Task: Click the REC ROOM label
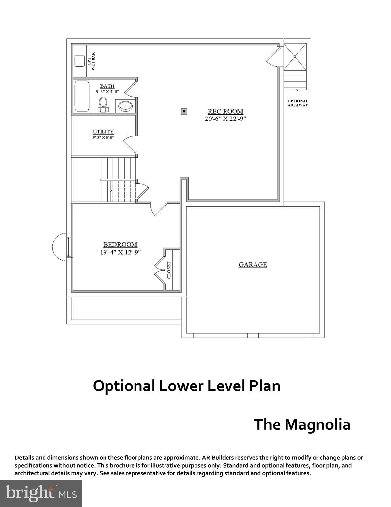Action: [225, 111]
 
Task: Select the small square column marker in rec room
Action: [184, 111]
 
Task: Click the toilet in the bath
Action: [103, 104]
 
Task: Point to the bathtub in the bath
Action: [81, 96]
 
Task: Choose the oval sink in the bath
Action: [125, 106]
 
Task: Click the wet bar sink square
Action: [79, 61]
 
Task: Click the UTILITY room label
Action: [103, 132]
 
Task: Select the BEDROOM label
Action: [120, 245]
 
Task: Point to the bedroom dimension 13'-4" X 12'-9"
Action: [120, 252]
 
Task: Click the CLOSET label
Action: [169, 270]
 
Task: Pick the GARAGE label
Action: [253, 265]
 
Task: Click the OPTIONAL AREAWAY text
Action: [298, 103]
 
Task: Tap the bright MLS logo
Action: [41, 493]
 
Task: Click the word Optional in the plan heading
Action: [124, 386]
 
